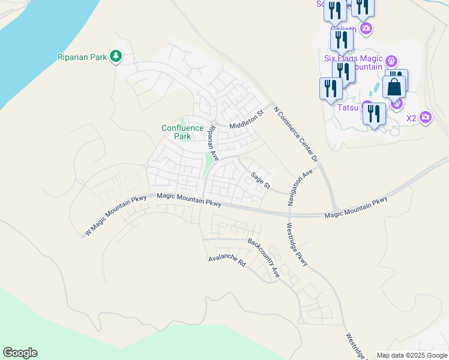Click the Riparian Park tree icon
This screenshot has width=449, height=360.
(116, 57)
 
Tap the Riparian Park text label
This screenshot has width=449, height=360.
(82, 58)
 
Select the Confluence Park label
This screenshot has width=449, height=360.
(176, 132)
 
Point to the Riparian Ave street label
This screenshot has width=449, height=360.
(212, 142)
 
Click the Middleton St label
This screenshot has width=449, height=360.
(246, 120)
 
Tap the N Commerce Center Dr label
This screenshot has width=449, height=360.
(295, 134)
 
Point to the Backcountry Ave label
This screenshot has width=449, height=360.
(264, 257)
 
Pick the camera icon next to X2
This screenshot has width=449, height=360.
(426, 117)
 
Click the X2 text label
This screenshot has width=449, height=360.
(411, 118)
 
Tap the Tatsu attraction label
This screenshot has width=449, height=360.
(347, 107)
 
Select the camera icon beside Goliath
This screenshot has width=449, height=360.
(366, 28)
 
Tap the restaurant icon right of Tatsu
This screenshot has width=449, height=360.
(374, 113)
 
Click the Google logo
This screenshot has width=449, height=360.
(20, 353)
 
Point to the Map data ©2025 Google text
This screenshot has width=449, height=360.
(412, 355)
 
